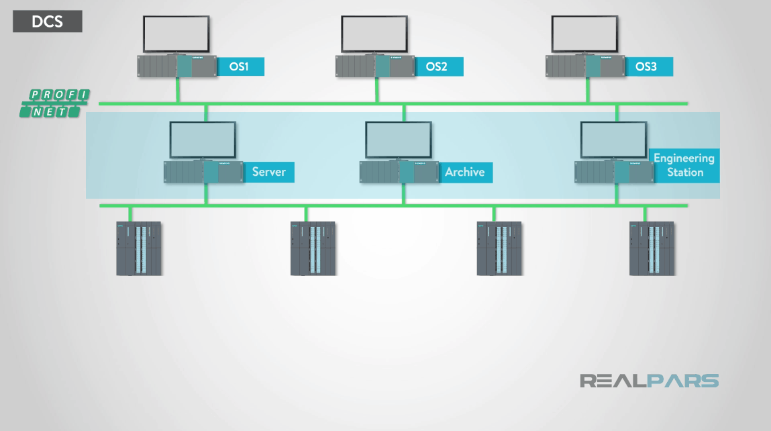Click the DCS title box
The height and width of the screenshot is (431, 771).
pos(48,21)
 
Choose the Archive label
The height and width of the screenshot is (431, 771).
pos(464,172)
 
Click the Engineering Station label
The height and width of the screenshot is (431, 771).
pos(684,165)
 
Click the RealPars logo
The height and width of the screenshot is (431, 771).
pos(649,381)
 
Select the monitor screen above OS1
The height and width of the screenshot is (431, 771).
pos(176,34)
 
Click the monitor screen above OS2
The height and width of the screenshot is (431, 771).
pos(374,34)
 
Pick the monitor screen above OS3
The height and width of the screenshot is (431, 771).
pos(584,34)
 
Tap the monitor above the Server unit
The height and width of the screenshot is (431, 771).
pos(203,140)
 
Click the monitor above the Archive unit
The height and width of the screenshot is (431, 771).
pos(399,140)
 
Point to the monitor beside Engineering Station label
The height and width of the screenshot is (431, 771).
pos(613,140)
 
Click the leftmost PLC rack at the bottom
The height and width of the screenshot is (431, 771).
pos(139,248)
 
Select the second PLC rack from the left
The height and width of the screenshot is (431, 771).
pos(313,248)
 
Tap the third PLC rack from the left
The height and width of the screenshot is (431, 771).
pos(499,248)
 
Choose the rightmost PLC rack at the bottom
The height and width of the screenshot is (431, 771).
pos(652,248)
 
